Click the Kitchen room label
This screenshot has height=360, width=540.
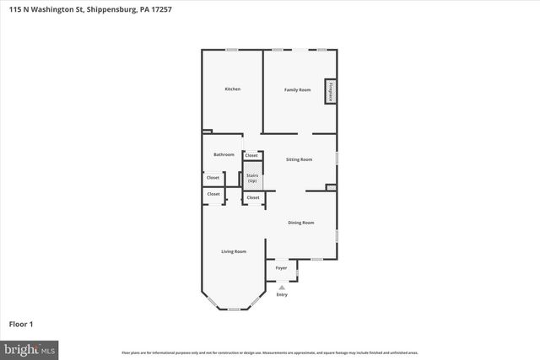(x=232, y=89)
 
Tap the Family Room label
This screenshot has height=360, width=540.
(x=297, y=89)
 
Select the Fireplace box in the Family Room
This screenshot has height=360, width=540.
(x=331, y=91)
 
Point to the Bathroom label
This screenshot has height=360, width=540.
(x=224, y=154)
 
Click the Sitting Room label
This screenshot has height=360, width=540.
(x=300, y=159)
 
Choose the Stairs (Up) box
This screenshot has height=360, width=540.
(x=251, y=178)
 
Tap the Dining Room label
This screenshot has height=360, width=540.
(x=301, y=223)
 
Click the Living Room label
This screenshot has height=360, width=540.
(x=234, y=251)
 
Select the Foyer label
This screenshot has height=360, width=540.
(x=282, y=268)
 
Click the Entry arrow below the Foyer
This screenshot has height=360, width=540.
(x=282, y=287)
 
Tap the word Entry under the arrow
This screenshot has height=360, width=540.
(x=282, y=294)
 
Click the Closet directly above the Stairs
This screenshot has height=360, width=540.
(x=251, y=155)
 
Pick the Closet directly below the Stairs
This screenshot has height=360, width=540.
(x=252, y=197)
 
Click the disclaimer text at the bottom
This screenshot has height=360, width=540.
(x=269, y=352)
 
